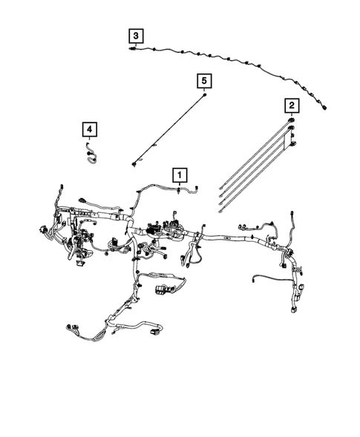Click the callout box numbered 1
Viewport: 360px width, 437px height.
(x=178, y=175)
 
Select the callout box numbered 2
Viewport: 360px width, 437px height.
(x=292, y=105)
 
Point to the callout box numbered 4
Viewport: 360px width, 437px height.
(x=89, y=131)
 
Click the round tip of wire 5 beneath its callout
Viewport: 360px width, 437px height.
(x=204, y=95)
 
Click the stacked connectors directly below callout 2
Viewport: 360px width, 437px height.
(x=292, y=126)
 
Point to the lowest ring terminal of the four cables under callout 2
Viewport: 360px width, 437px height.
(x=221, y=216)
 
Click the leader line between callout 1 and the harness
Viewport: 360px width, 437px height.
(x=178, y=187)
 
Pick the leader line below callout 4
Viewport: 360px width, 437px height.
(x=89, y=144)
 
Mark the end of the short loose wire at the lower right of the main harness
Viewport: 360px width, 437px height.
(x=255, y=280)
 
